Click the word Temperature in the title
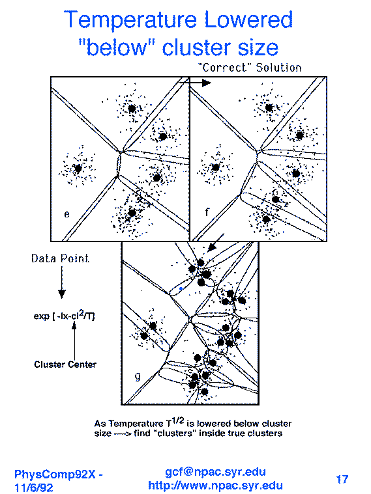coord(130,20)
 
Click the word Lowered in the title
coord(249,20)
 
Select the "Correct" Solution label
coord(250,68)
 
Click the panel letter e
coord(67,214)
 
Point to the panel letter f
coord(207,212)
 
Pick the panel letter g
coord(138,376)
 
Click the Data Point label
coord(60,258)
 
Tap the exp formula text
coord(64,316)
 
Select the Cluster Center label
coord(65,364)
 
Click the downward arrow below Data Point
coord(62,282)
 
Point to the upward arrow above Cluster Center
coord(74,342)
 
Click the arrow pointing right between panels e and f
coord(196,83)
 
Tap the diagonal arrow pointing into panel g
coord(216,243)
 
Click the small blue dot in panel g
coord(181,288)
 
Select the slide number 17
coord(342,480)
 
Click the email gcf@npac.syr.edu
coord(215,472)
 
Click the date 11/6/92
coord(34,487)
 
